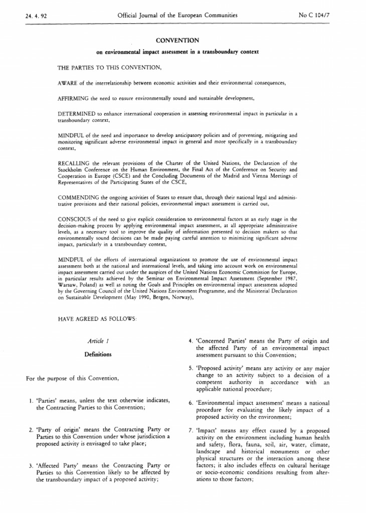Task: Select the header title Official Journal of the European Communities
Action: [x=177, y=16]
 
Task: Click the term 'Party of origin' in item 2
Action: [x=58, y=430]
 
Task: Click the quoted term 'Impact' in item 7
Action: [x=206, y=430]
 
